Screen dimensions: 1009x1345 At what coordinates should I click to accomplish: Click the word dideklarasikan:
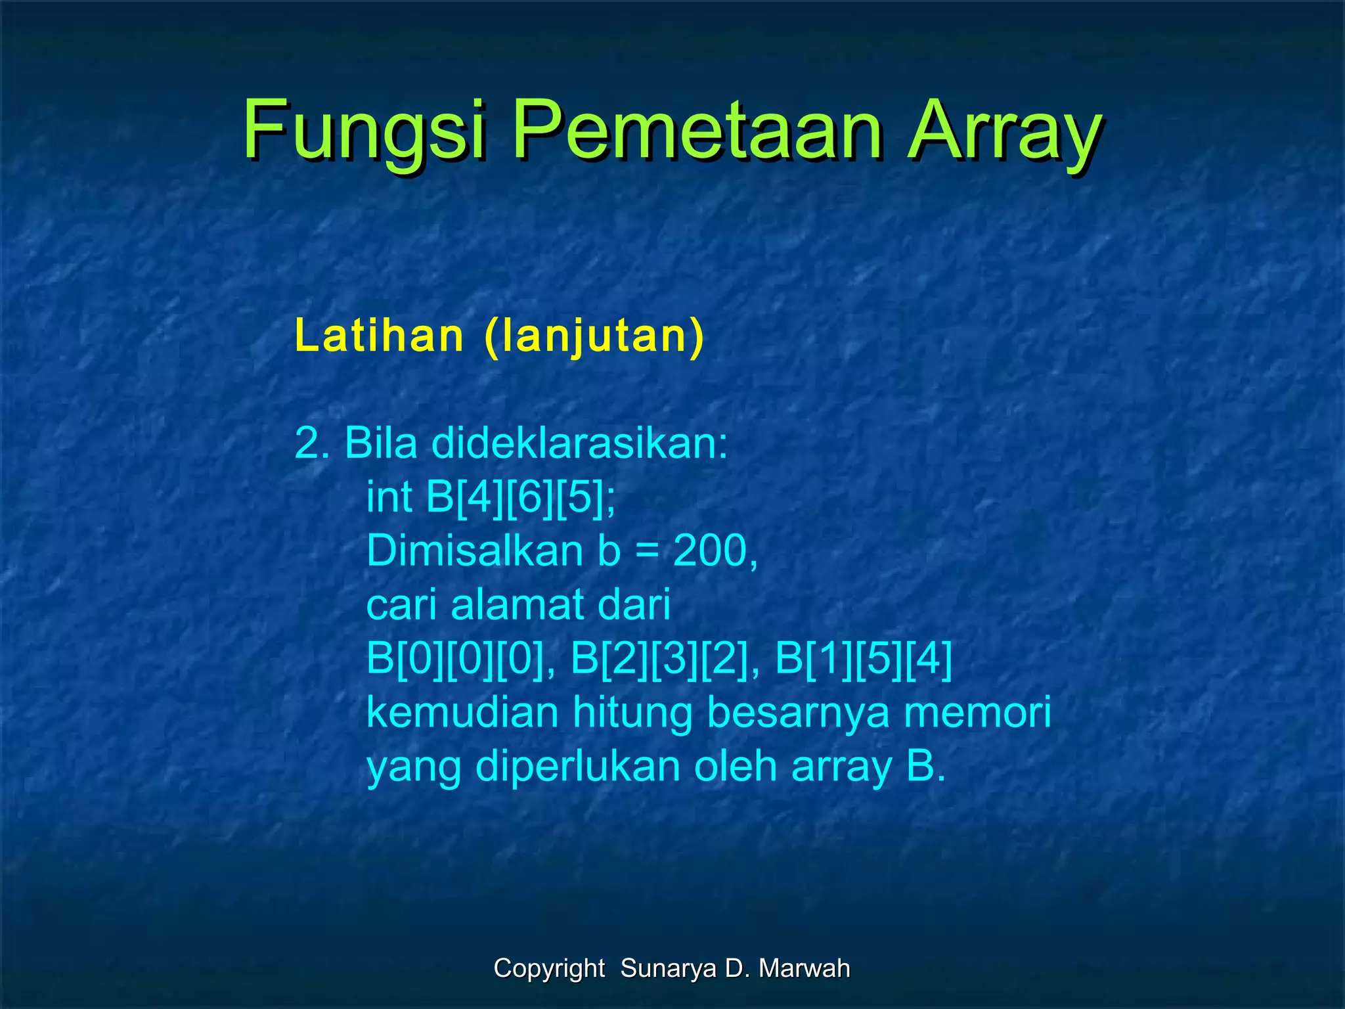[580, 443]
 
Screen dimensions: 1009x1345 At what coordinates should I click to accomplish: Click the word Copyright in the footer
[549, 968]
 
